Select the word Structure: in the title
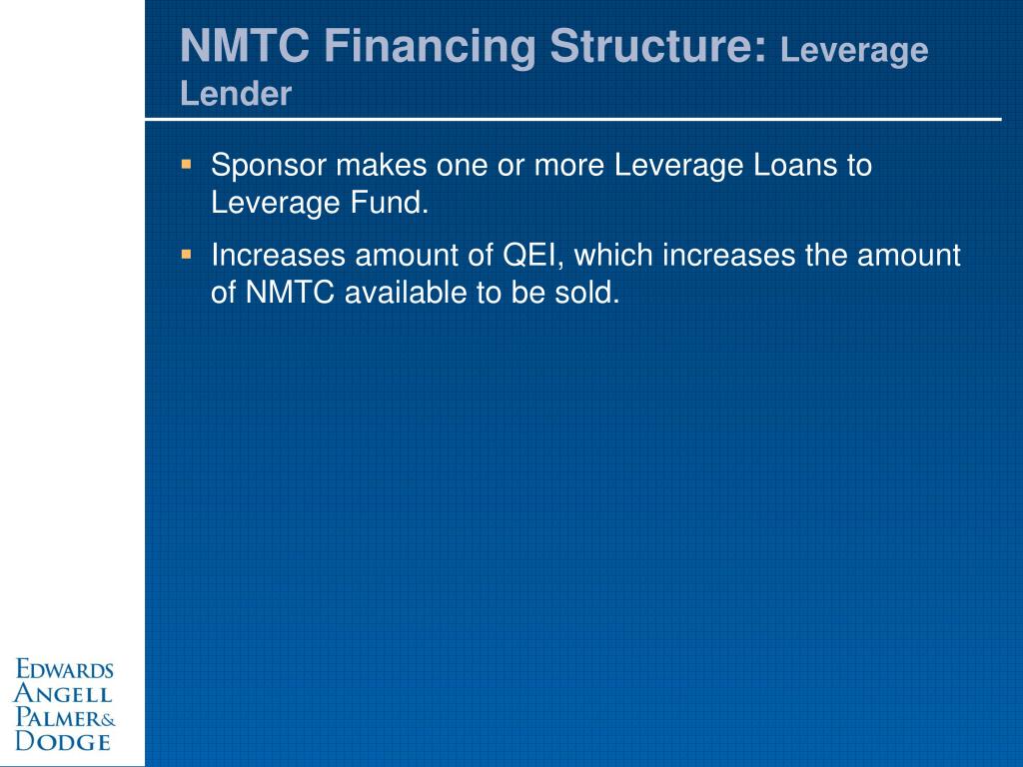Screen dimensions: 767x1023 point(660,47)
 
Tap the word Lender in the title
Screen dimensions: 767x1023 point(236,94)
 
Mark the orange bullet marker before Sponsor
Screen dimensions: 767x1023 point(187,161)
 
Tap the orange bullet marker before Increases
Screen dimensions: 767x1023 point(187,254)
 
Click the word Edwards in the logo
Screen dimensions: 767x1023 point(64,670)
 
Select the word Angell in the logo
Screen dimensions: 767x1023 point(62,694)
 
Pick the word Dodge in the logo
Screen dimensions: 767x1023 point(62,741)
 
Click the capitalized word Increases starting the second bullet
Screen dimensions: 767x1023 point(280,256)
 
